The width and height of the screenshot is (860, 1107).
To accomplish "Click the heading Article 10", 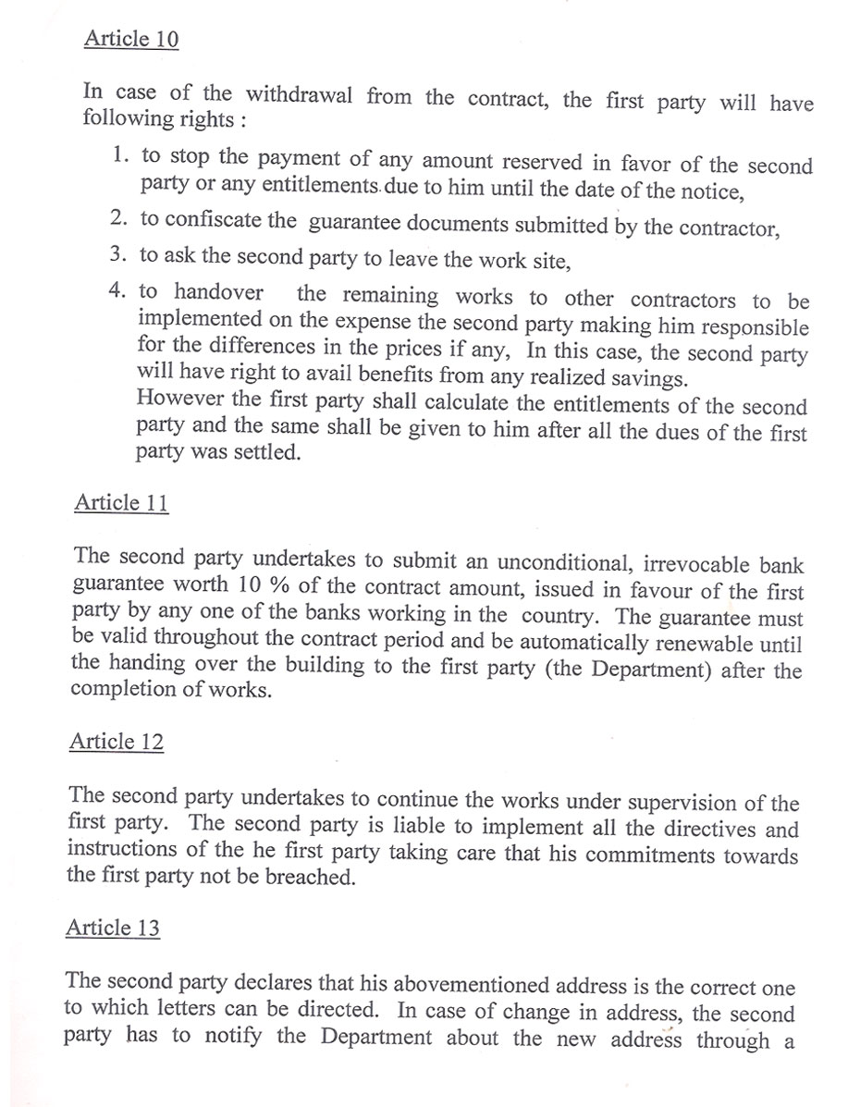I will (x=130, y=39).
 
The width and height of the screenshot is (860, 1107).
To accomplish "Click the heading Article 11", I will (x=121, y=503).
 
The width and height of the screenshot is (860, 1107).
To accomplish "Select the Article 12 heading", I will (x=117, y=742).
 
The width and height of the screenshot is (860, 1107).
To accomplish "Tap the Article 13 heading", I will (x=113, y=929).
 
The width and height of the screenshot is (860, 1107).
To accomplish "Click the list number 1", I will (x=118, y=155).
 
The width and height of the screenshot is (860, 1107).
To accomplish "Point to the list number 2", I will (x=117, y=218).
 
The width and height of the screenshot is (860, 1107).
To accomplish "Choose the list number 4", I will (x=117, y=290).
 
